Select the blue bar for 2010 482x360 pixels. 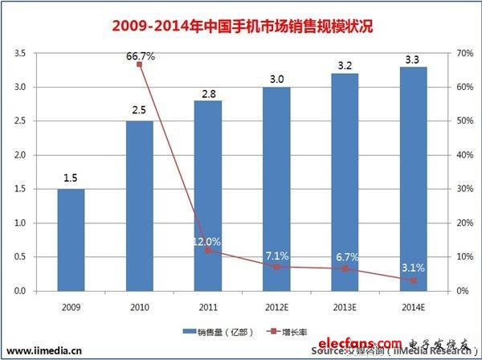click(x=139, y=206)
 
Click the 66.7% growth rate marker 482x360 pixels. click(x=139, y=64)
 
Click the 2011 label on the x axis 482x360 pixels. click(x=208, y=306)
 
